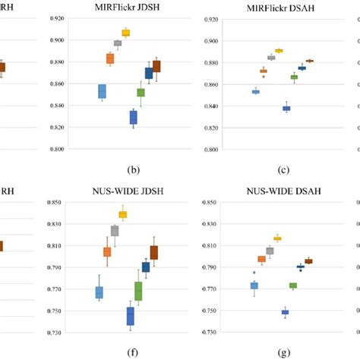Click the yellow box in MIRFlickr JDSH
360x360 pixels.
click(x=126, y=33)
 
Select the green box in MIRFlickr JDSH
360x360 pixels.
click(x=141, y=93)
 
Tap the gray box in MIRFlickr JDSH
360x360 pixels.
click(x=118, y=43)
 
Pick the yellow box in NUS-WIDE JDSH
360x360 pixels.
click(x=123, y=215)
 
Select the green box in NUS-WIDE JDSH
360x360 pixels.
click(x=138, y=290)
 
